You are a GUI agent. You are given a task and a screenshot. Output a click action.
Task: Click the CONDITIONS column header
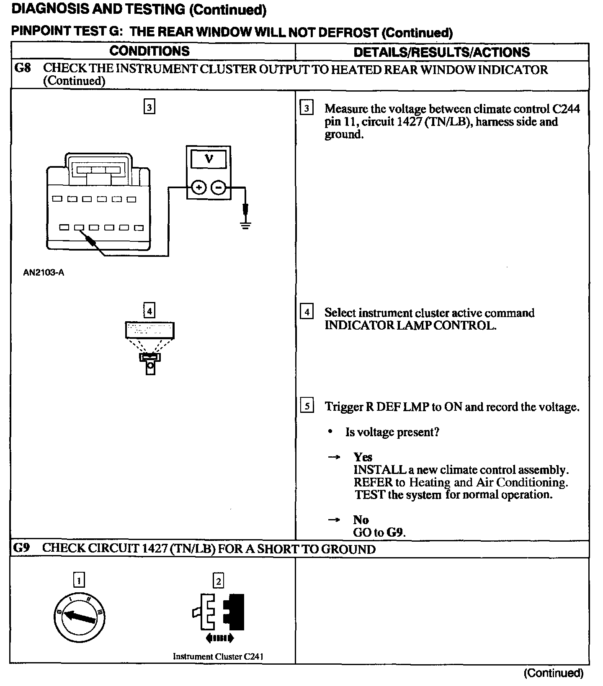point(149,51)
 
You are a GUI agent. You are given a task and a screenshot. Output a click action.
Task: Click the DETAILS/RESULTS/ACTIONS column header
point(442,52)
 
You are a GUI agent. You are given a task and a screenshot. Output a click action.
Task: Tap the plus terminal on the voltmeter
point(199,188)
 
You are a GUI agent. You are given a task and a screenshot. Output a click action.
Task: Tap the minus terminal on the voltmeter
point(218,188)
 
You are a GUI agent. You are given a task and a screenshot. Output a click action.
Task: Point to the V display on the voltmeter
point(209,159)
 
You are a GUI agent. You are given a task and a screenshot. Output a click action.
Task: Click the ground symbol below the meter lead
point(245,226)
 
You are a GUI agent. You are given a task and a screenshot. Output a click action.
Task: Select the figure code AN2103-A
point(44,273)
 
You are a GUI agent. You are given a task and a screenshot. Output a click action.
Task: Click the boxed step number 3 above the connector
point(149,107)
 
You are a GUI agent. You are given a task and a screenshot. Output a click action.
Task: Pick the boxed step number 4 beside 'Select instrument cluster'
point(307,312)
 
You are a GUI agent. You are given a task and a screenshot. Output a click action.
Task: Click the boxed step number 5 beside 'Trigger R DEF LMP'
point(307,406)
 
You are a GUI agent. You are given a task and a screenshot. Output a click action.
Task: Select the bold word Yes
point(363,457)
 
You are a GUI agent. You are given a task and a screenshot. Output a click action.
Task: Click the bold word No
point(361,520)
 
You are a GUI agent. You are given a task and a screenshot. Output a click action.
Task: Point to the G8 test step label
point(22,69)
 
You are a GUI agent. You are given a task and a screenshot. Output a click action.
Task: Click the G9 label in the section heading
point(21,548)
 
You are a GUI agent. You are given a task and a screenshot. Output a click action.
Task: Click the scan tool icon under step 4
point(149,347)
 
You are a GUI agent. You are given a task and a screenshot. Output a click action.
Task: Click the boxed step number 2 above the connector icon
point(218,581)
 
